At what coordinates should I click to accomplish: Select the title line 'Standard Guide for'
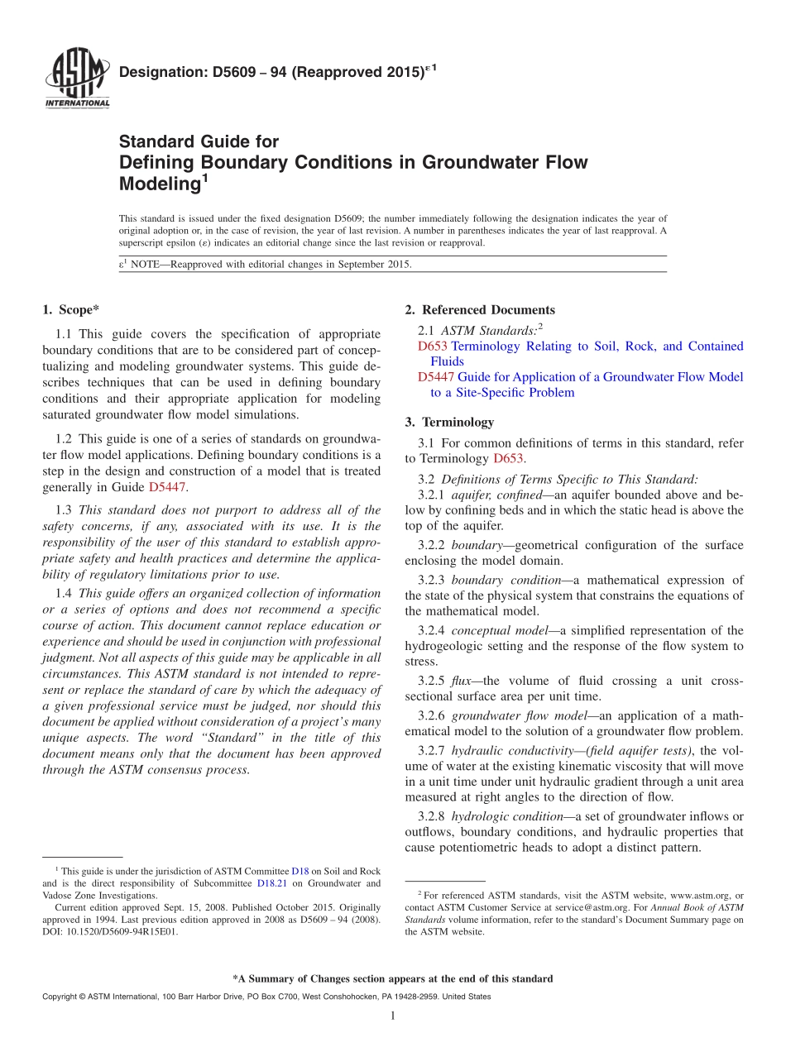pos(199,141)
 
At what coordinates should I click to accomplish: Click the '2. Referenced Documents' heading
pos(480,310)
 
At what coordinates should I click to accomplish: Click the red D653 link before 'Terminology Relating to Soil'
pos(433,347)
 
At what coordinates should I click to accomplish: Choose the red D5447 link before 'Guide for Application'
pos(436,377)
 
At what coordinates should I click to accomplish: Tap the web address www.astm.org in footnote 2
pos(702,895)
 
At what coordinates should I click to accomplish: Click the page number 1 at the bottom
pos(393,1016)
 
